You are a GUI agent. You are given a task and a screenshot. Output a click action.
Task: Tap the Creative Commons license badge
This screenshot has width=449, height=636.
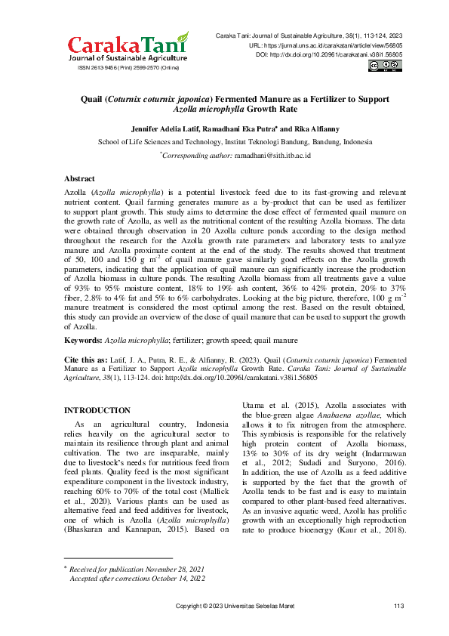click(385, 66)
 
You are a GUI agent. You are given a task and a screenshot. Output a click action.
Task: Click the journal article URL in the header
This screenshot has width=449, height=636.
click(325, 45)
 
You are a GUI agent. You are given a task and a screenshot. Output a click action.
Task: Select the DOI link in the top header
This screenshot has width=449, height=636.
click(329, 55)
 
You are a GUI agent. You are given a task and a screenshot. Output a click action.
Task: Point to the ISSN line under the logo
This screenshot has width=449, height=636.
click(128, 68)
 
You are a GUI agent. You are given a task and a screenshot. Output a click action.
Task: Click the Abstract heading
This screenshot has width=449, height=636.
click(79, 178)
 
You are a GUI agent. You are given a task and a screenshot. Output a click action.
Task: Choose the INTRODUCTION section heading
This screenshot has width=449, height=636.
click(97, 410)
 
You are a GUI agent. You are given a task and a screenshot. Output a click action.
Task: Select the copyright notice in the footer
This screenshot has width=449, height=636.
click(235, 607)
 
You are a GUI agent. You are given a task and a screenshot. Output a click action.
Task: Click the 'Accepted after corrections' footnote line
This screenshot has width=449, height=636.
click(137, 577)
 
